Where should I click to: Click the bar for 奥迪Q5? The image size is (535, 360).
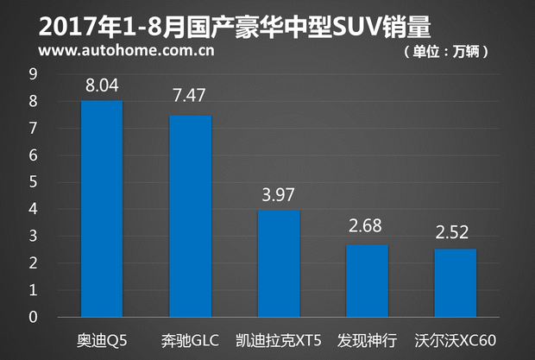pos(102,209)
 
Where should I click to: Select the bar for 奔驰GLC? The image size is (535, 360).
pos(191,216)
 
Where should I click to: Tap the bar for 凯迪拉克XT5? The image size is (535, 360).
pos(279,263)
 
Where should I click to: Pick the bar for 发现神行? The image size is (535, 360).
pos(368,281)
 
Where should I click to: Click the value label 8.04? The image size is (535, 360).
pos(102,87)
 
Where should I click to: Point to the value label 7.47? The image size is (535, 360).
pos(191,97)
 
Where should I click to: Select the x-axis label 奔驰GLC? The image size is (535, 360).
pos(190,338)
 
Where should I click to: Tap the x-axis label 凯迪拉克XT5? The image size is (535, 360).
pos(279,338)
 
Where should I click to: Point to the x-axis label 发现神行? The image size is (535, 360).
pos(368,338)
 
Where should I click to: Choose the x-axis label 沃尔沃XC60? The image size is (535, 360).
pos(456,338)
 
